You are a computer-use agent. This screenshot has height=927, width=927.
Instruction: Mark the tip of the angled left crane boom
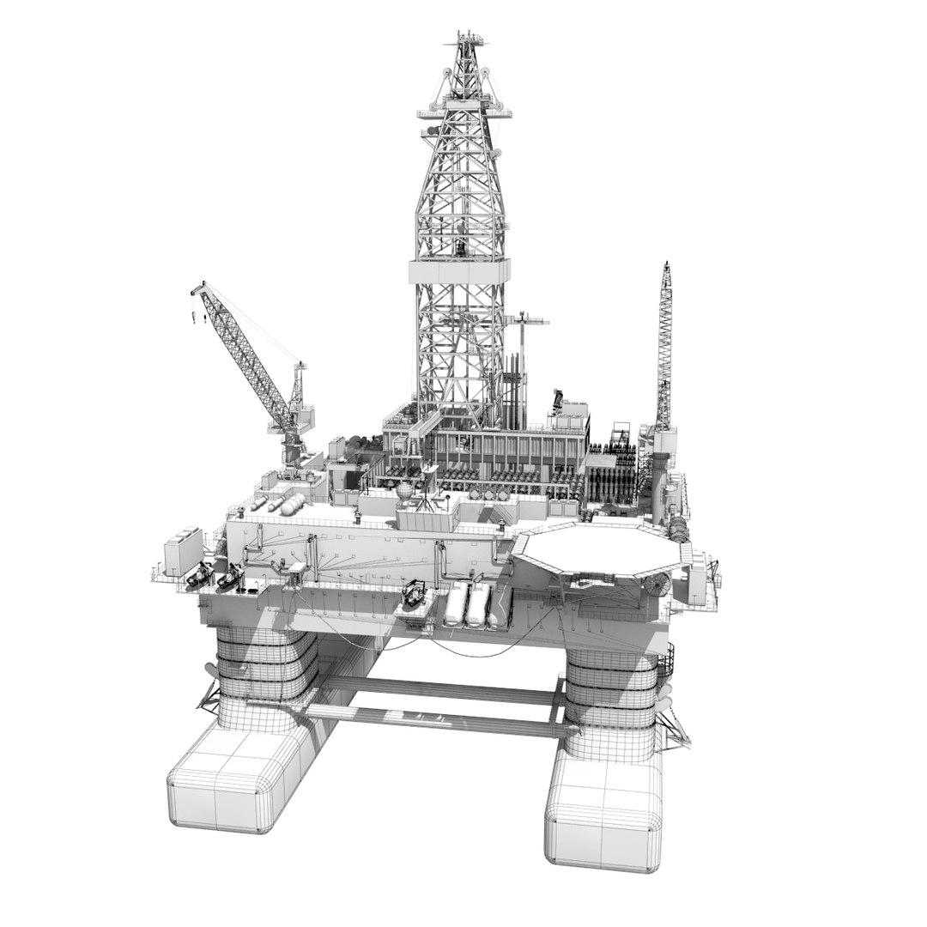(195, 289)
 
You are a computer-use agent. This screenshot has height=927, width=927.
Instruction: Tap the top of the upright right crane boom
(665, 269)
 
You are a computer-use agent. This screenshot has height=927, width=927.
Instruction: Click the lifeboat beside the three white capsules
(415, 595)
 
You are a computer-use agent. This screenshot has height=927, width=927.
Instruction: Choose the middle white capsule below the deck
(476, 602)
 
